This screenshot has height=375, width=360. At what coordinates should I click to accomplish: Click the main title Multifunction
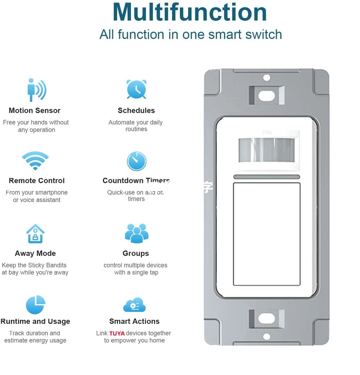[x=190, y=12]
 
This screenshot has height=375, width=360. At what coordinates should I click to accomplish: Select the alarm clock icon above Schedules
[x=136, y=89]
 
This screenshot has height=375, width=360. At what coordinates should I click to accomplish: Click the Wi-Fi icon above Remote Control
[x=35, y=161]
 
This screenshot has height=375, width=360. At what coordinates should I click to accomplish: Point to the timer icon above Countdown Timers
[x=136, y=161]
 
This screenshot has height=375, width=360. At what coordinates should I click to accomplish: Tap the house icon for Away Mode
[x=35, y=234]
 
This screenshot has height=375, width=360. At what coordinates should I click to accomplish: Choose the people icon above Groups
[x=136, y=233]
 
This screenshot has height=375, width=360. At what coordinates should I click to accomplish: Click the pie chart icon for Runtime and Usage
[x=36, y=305]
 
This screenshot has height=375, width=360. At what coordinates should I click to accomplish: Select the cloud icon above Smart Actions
[x=134, y=305]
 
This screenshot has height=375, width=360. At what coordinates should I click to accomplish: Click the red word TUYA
[x=117, y=334]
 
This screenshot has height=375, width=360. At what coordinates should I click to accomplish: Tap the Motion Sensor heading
[x=34, y=111]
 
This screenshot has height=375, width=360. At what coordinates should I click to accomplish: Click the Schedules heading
[x=136, y=111]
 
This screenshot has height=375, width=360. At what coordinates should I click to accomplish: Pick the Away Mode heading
[x=35, y=254]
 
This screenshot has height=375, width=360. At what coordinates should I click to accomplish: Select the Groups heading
[x=136, y=254]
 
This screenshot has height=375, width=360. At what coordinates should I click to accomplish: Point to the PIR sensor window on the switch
[x=267, y=150]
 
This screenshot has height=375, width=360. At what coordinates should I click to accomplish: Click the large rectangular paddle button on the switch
[x=267, y=234]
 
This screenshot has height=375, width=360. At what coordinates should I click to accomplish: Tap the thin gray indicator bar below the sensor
[x=267, y=177]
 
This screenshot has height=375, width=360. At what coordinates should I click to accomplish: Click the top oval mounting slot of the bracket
[x=267, y=95]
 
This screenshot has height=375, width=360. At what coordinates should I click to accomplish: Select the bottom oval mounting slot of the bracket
[x=267, y=318]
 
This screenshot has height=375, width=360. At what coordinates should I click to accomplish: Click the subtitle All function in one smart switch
[x=190, y=34]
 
